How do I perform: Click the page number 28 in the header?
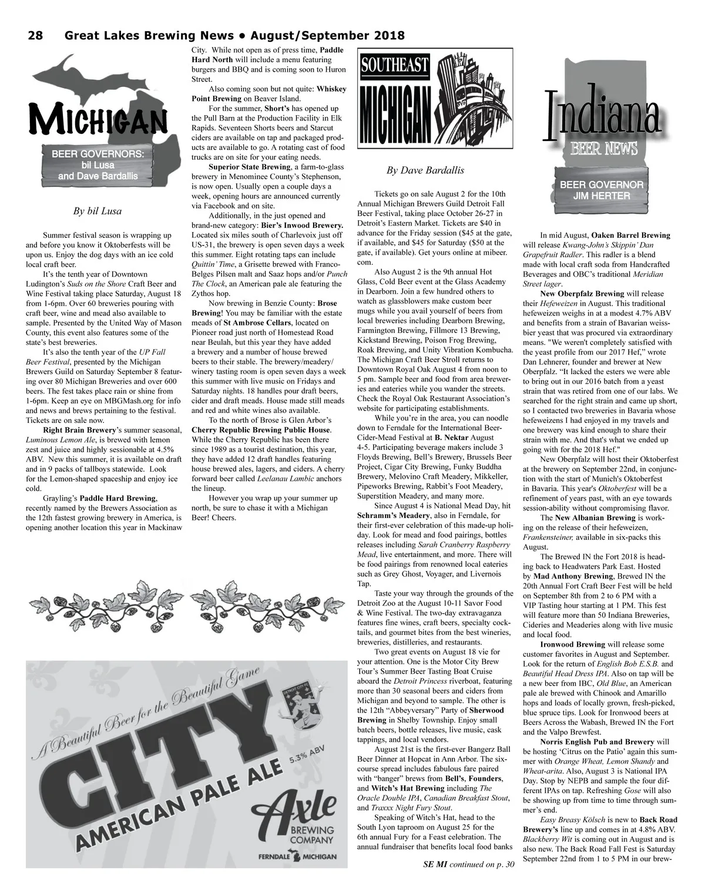[35, 36]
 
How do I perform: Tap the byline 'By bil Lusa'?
[98, 211]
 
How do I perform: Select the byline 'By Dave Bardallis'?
[425, 170]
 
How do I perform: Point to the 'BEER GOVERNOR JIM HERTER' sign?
[601, 190]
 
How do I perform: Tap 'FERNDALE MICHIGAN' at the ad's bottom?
[297, 856]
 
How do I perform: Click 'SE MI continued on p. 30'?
[468, 864]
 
